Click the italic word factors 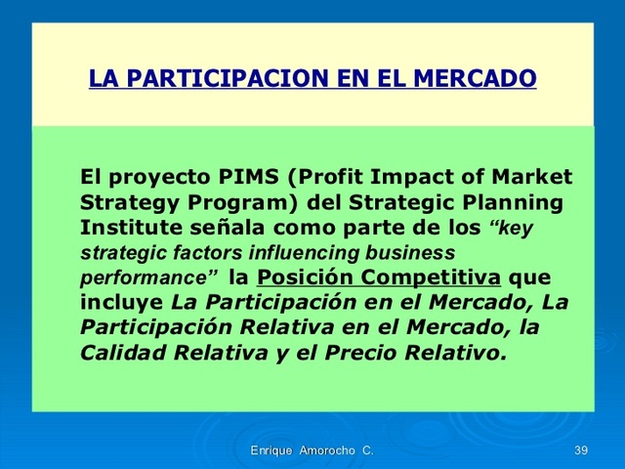[177, 252]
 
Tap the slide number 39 [581, 449]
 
